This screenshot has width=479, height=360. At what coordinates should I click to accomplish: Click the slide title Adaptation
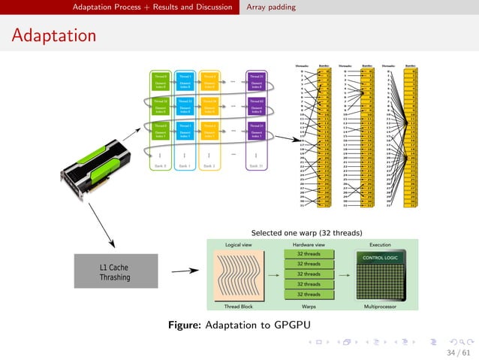pos(53,35)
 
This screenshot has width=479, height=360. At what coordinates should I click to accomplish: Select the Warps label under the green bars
pos(309,307)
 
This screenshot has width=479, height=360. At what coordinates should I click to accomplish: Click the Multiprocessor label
pos(385,307)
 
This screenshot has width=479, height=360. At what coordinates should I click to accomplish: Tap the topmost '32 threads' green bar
pos(309,254)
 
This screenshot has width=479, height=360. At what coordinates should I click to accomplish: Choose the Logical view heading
pos(237,245)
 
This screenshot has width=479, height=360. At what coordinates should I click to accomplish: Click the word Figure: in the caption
pos(185,325)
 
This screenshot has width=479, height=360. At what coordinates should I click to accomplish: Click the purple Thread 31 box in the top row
pos(256,80)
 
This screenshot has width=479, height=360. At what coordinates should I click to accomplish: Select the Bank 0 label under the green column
pos(159,165)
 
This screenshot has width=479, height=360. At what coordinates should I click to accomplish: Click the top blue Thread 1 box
pos(185,80)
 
